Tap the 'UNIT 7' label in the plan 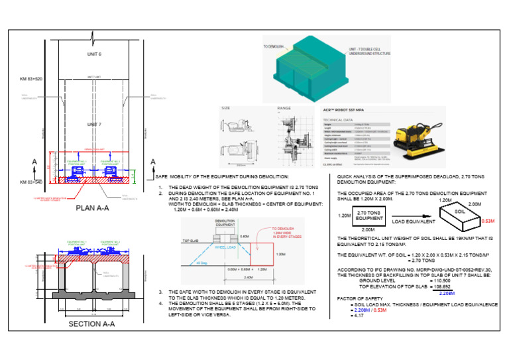[x=93, y=124]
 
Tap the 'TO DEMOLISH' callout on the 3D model [x=274, y=46]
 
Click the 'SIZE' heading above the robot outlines [x=226, y=108]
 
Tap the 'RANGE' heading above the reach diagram [x=284, y=108]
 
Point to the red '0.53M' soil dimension [x=488, y=221]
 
